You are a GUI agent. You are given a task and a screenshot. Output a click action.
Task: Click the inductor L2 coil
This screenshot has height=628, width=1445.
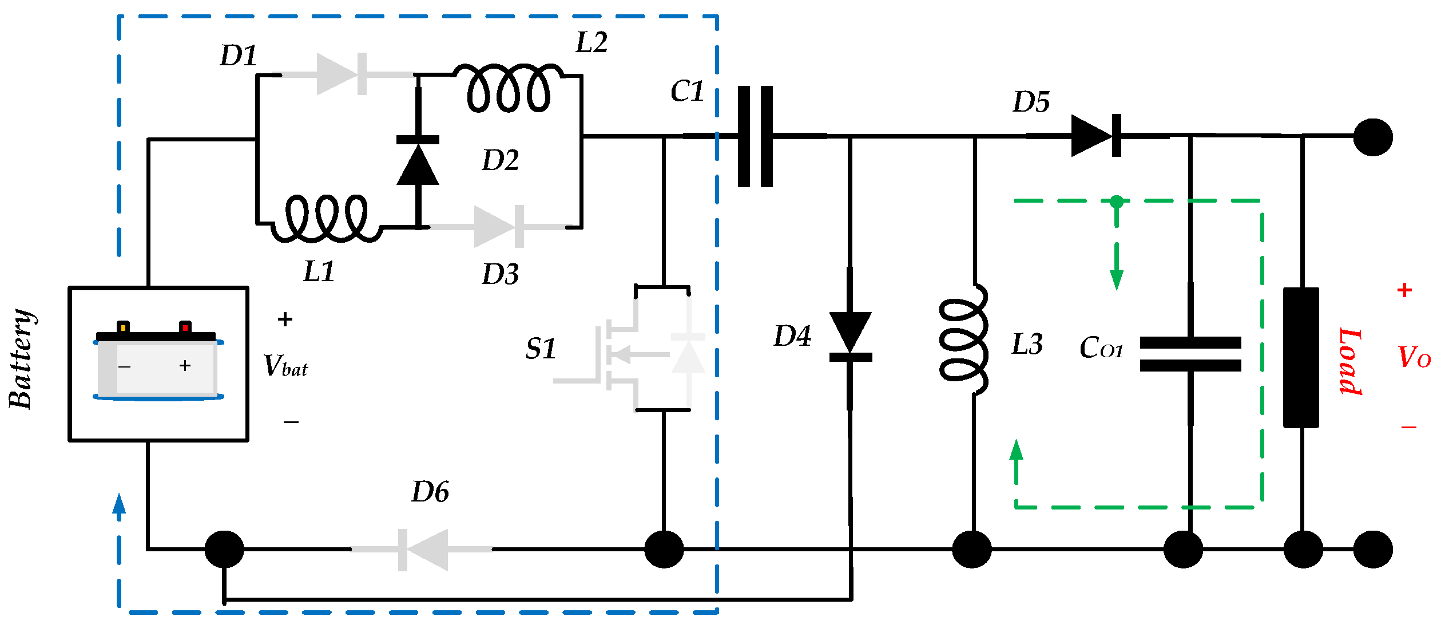point(509,89)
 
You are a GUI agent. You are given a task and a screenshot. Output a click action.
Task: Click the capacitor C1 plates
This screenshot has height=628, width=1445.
point(755,136)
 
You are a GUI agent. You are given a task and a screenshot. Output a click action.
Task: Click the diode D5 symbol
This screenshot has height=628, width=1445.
point(1095,136)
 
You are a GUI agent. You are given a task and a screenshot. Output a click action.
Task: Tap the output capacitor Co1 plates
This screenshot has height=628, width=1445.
point(1190,354)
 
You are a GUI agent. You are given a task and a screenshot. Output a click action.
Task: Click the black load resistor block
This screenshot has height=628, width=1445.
point(1301,357)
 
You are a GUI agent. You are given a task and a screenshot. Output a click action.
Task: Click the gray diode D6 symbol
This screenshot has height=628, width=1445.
point(424,550)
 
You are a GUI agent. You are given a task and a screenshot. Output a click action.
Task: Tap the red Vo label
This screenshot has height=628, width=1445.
point(1414,357)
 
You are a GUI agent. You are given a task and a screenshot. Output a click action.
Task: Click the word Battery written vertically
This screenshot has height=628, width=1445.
point(22,360)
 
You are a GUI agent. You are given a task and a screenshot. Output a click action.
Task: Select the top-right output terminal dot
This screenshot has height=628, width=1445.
point(1372,137)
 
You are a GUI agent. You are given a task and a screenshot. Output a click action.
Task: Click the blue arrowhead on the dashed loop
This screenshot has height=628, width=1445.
point(119,504)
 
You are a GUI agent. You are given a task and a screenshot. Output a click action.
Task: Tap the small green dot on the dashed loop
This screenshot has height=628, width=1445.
point(1116,202)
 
